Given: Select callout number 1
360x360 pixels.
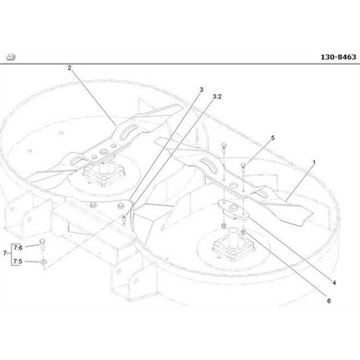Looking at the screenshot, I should pos(313,162).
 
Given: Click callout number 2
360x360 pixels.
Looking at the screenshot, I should pos(70,68).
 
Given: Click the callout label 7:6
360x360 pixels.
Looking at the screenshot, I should pos(18,247).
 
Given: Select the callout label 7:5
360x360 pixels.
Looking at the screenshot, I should pos(18,261).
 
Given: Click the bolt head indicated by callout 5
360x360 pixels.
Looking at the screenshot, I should pos(243,166).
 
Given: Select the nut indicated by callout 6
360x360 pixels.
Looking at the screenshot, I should pos(243,231).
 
